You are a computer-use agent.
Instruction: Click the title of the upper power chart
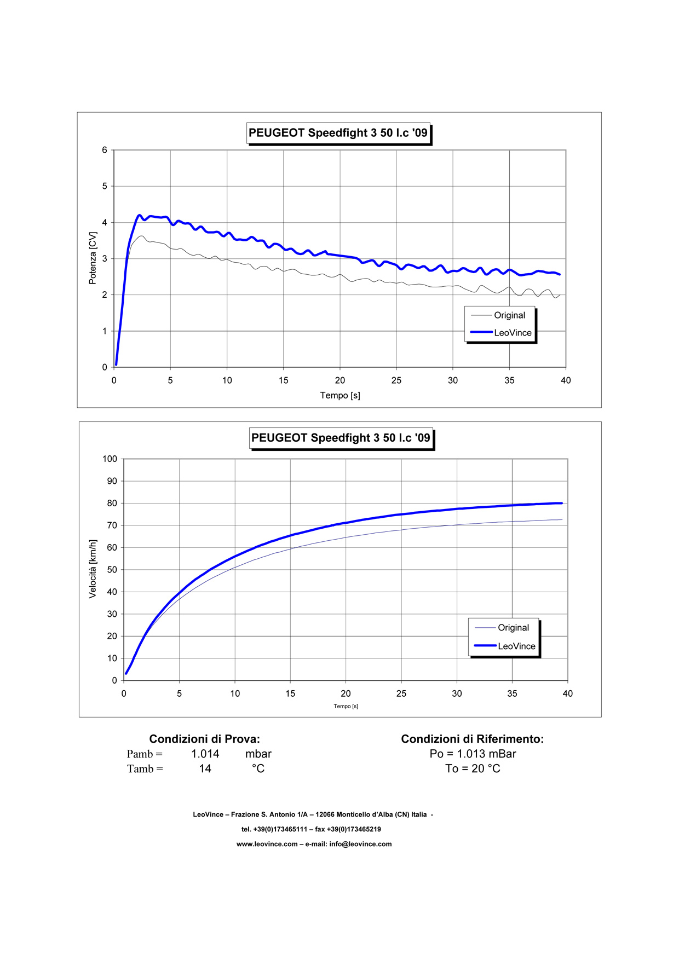[338, 133]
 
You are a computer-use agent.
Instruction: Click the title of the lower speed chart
[341, 438]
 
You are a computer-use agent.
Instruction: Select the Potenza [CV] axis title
[93, 258]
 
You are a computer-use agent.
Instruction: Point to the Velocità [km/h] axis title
[93, 569]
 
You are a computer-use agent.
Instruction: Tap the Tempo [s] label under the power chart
[340, 395]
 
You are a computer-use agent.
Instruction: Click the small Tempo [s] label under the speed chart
[346, 706]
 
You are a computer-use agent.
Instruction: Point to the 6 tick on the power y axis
[105, 150]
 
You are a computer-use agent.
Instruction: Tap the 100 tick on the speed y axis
[110, 459]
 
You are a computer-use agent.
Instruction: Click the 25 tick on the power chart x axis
[396, 380]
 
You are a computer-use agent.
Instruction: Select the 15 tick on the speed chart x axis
[290, 693]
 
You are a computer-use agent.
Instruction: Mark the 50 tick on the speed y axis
[112, 570]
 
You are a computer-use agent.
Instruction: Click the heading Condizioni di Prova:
[204, 739]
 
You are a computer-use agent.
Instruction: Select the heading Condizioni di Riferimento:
[472, 739]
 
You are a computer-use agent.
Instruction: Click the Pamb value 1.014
[205, 754]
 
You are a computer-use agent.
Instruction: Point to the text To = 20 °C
[473, 768]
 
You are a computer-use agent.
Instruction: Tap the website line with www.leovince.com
[314, 844]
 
